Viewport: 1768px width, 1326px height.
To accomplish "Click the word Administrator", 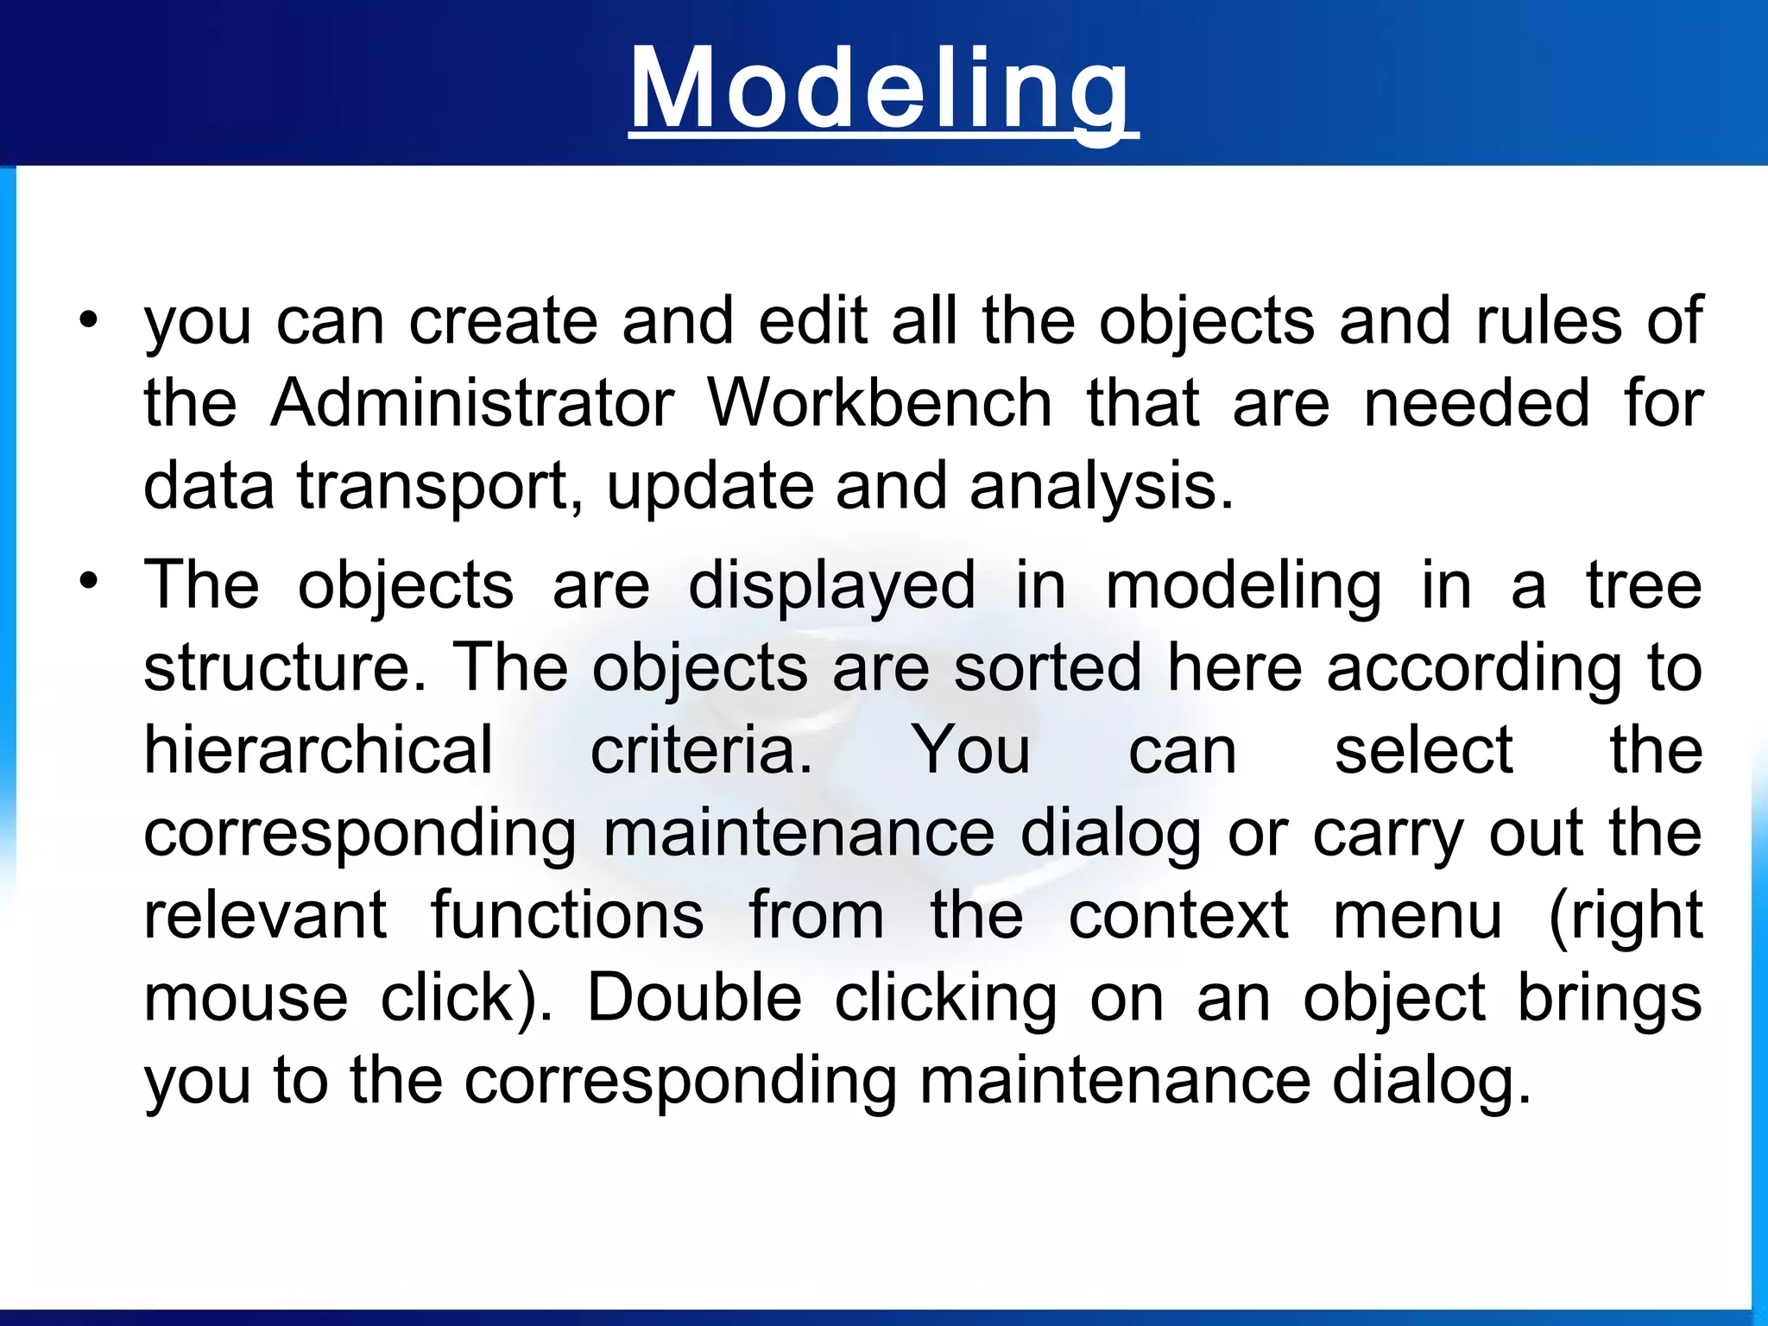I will pos(472,403).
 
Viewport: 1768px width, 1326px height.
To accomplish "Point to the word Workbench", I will pos(880,403).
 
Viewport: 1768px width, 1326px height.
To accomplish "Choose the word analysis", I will pos(1102,487).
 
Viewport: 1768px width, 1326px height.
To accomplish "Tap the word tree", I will pos(1644,585).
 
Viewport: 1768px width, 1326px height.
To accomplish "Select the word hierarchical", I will pos(319,749).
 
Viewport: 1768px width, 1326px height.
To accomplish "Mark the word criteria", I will pos(701,749).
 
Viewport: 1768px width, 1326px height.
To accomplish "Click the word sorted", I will pos(1047,667).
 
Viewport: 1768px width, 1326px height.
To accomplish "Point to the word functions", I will pos(567,915).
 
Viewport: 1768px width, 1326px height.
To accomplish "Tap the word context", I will pos(1178,915).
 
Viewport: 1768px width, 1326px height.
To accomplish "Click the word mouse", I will pos(246,998).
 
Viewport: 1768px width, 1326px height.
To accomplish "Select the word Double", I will pos(694,998).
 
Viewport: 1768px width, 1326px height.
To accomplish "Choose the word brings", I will pos(1610,1000).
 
